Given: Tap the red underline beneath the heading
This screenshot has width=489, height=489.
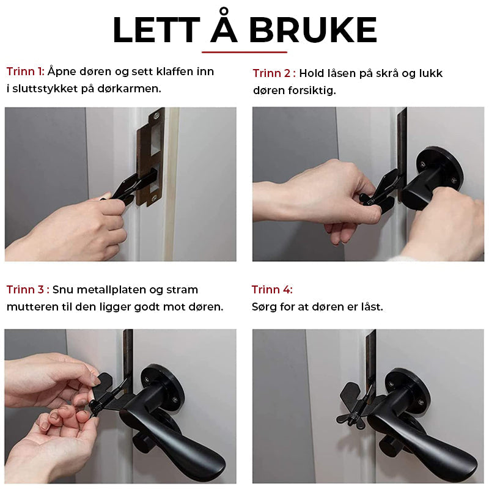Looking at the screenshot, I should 244,52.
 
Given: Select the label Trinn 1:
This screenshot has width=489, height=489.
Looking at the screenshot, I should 25,72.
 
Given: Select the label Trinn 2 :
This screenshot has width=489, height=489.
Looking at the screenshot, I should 274,73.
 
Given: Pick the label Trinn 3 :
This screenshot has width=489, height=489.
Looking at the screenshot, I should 28,290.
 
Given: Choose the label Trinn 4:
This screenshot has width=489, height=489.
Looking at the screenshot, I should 272,290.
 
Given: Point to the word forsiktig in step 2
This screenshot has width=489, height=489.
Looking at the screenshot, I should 314,90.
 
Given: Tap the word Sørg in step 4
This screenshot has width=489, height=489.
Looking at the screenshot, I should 263,307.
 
